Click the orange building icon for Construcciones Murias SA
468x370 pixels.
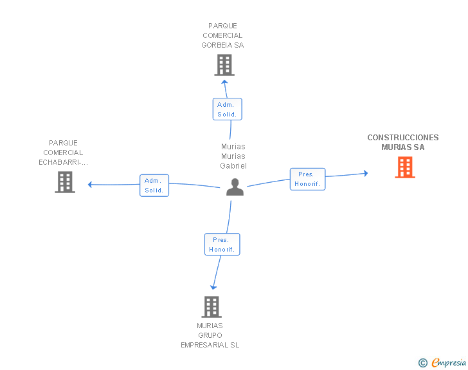click(404, 168)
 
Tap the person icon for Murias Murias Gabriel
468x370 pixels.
click(235, 187)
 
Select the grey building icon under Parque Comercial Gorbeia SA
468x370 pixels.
click(224, 65)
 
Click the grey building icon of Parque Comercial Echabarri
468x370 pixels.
click(65, 182)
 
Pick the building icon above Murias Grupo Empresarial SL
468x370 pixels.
click(212, 307)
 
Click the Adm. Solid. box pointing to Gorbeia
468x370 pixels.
click(228, 109)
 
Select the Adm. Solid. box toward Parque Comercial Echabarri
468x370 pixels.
click(154, 185)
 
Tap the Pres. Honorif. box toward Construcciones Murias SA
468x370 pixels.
click(307, 179)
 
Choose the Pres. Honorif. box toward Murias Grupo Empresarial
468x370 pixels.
click(222, 245)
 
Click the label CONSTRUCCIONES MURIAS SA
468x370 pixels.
click(403, 142)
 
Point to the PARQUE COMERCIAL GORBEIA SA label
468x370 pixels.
click(222, 36)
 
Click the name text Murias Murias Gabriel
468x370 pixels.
click(233, 156)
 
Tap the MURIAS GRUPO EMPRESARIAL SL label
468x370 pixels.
click(210, 335)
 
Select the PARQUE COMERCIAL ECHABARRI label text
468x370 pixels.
click(63, 153)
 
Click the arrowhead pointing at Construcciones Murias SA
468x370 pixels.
click(365, 173)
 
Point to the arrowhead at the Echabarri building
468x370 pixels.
click(91, 185)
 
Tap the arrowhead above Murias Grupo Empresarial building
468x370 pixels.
click(213, 287)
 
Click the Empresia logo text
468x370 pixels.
click(449, 363)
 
